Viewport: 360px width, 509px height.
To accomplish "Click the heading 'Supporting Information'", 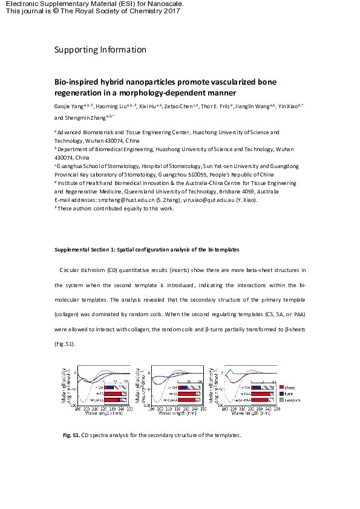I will point(100,50).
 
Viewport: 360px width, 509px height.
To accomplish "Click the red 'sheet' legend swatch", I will point(282,387).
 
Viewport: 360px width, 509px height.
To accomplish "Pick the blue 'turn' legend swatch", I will point(282,394).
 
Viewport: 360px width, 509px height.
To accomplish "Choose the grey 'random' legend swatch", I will point(282,400).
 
